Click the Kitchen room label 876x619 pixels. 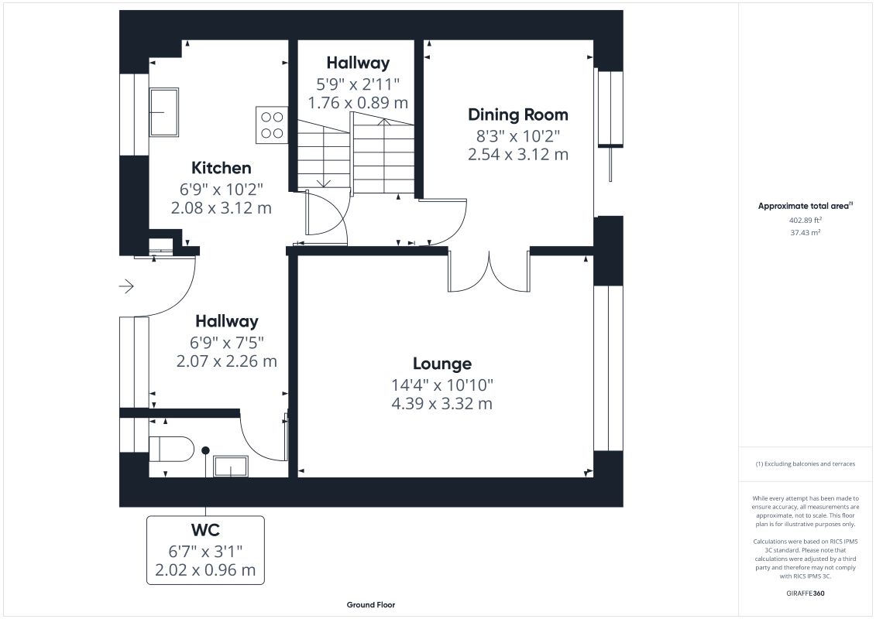tap(222, 167)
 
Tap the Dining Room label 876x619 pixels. tap(518, 115)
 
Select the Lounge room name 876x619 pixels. tap(442, 364)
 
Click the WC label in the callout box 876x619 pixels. tap(205, 530)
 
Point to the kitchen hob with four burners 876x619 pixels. tap(272, 125)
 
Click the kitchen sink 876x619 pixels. tap(163, 112)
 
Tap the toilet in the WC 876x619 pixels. tap(171, 449)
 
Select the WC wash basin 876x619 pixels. tap(232, 467)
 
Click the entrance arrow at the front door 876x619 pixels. tap(126, 286)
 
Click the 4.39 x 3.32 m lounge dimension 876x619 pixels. tap(442, 404)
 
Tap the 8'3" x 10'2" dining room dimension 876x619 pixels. tap(518, 135)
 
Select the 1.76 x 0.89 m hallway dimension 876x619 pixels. tap(358, 103)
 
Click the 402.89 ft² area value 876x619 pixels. tap(805, 221)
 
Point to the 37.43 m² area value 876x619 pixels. tap(805, 233)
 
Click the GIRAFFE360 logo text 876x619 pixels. tap(805, 593)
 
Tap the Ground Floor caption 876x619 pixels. tap(371, 604)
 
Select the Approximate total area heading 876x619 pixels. tap(805, 206)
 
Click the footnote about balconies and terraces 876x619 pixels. tap(805, 463)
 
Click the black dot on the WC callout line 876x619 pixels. tap(205, 450)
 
